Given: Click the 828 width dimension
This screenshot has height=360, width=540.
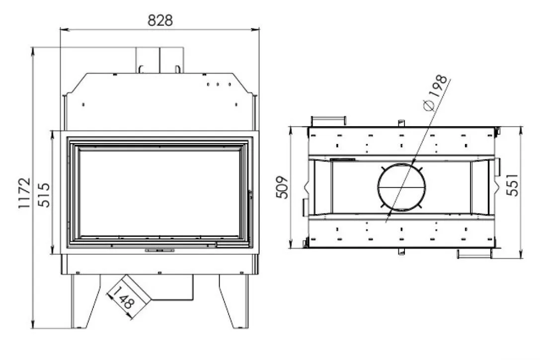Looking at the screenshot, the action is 160,20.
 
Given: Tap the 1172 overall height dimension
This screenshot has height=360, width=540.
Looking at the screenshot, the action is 24,193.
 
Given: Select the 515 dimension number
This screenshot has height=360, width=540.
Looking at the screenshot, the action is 44,195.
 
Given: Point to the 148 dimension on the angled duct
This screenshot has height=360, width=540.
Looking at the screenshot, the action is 123,297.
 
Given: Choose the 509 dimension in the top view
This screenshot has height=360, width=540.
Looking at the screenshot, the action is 282,187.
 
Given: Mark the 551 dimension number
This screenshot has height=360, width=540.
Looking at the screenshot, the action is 512,185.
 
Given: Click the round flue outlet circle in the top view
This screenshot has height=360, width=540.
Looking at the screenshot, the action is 401,164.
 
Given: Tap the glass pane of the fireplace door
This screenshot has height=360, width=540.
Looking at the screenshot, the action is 159,193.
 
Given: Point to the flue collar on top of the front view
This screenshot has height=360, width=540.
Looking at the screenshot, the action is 159,60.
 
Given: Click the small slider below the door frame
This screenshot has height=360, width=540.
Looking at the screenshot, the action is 159,251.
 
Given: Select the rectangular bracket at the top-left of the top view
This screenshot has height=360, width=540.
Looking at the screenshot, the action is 328,121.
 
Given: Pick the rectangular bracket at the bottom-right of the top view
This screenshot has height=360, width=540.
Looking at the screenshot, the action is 474,254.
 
